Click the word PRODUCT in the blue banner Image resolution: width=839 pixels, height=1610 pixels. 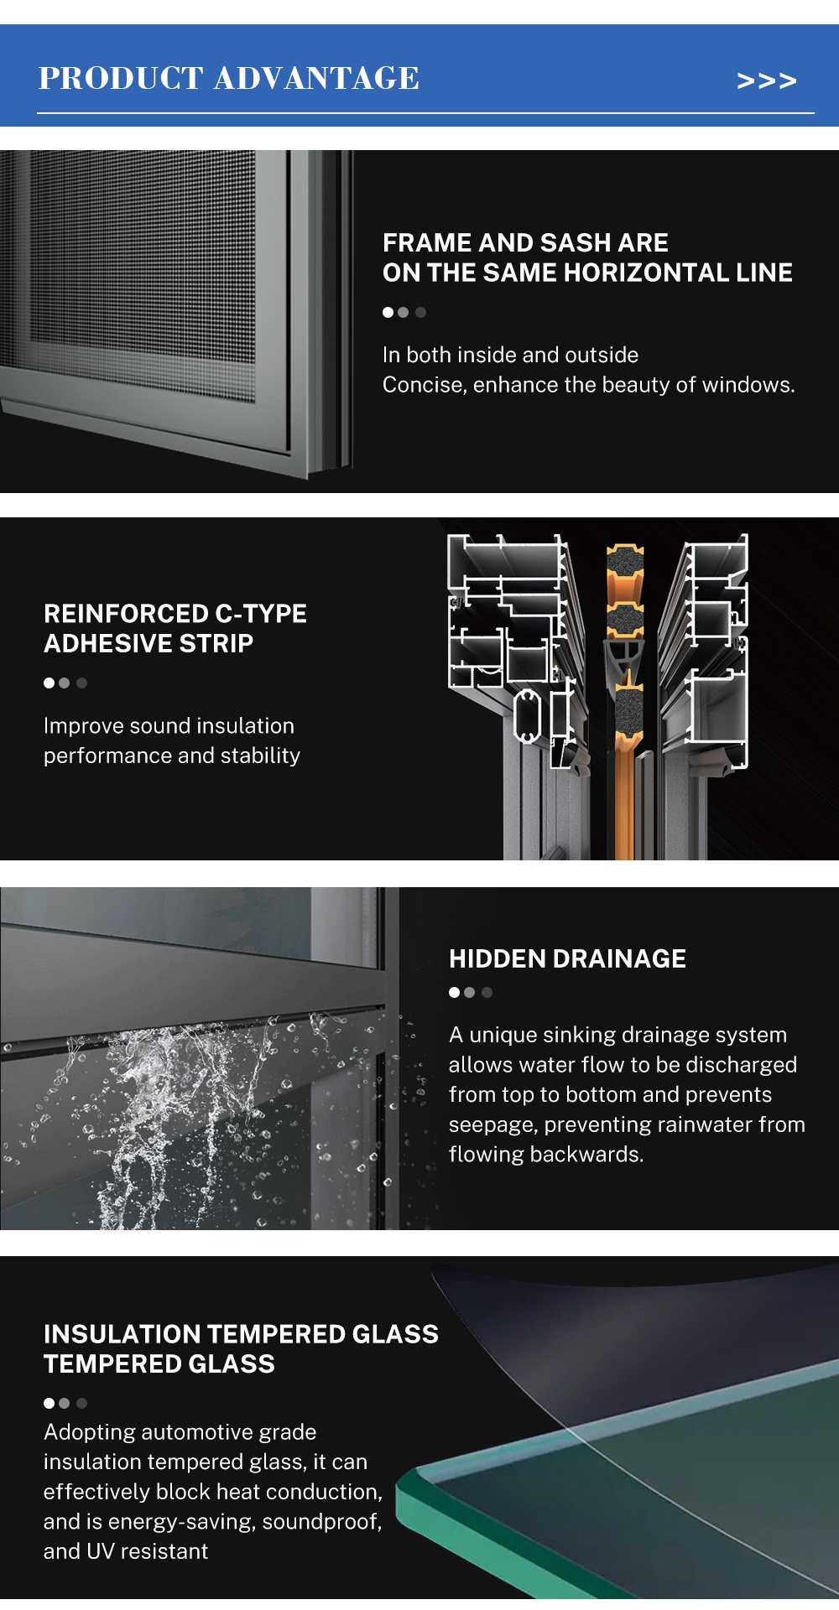point(121,78)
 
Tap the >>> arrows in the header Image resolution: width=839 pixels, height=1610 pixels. point(766,80)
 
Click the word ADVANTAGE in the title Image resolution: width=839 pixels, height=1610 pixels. point(316,78)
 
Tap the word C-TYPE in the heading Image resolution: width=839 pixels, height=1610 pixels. point(261,614)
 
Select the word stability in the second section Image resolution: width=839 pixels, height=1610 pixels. point(260,756)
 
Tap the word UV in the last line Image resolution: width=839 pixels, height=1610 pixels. point(100,1551)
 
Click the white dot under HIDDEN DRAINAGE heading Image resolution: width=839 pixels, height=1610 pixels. point(454,993)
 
